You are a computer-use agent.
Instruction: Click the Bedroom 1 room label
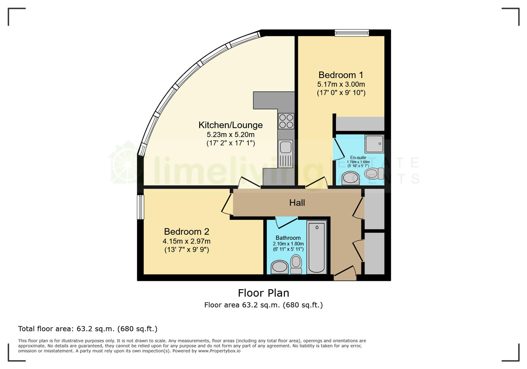coord(341,75)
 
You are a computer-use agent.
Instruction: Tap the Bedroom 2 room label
coord(186,232)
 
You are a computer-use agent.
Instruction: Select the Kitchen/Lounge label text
coord(230,125)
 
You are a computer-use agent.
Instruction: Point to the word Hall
coord(297,203)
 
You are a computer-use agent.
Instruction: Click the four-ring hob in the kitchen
coord(286,121)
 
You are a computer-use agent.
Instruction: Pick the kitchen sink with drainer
coord(286,154)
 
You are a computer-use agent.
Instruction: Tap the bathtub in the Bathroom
coord(317,247)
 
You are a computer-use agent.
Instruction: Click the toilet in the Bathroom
coord(296,264)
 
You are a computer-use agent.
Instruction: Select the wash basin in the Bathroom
coord(280,267)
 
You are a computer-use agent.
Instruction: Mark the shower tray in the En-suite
coord(374,144)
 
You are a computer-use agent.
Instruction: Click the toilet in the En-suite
coord(374,174)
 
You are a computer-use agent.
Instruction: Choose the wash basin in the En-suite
coord(350,178)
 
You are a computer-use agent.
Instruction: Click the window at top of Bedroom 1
coord(352,33)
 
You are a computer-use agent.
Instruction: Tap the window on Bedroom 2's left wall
coord(140,207)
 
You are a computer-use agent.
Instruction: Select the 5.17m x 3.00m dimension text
coord(341,84)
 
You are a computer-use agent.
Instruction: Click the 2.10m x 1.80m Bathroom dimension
coord(288,244)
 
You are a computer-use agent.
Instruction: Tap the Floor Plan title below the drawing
coord(263,293)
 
